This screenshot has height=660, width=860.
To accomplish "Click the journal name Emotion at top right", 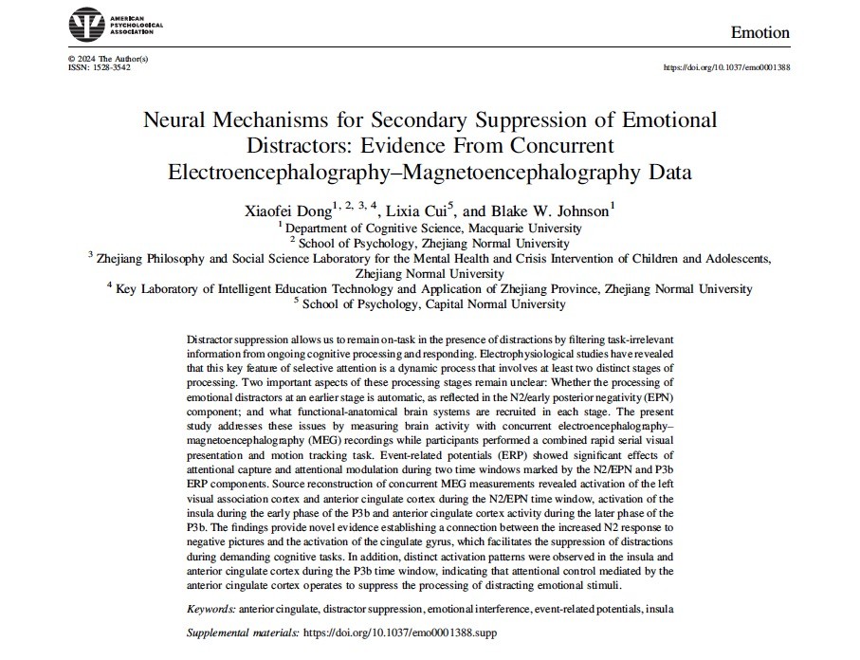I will [x=759, y=32].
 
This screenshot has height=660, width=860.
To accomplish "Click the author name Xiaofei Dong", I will [x=282, y=210].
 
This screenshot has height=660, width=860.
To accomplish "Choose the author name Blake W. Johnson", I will [x=556, y=210].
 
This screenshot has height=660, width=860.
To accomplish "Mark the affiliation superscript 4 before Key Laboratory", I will [x=110, y=286].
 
